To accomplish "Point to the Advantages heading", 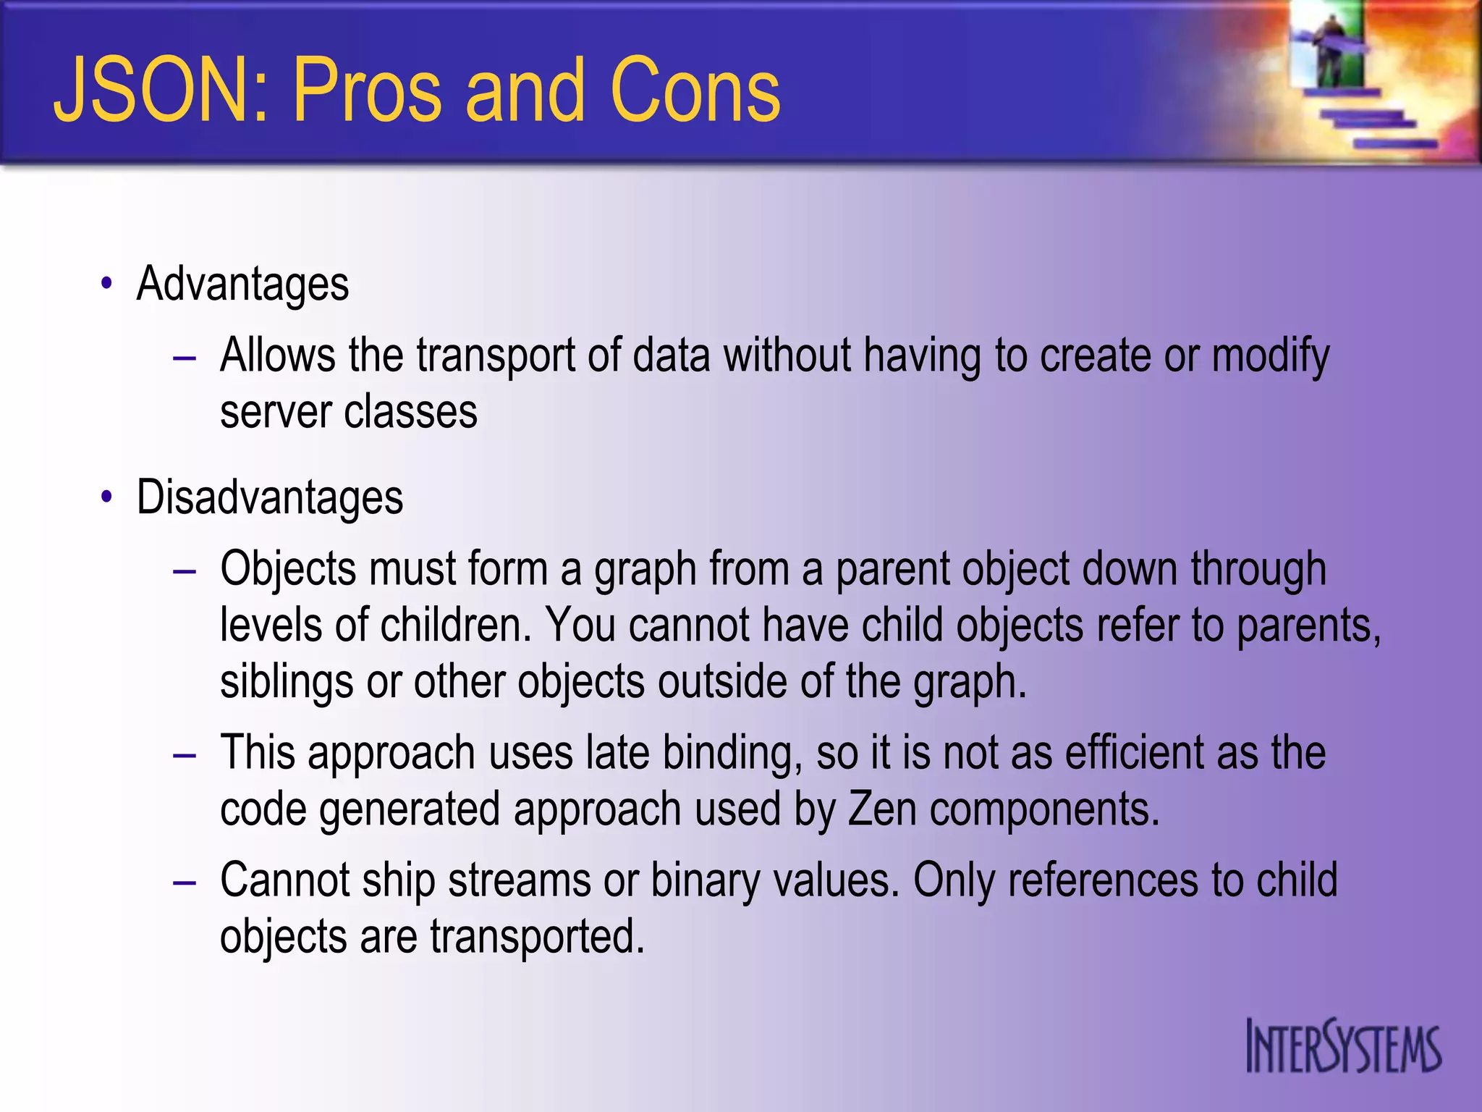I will [x=242, y=284].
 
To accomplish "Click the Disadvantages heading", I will [x=269, y=498].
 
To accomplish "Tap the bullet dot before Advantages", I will [x=107, y=284].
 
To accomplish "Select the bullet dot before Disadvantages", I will [x=107, y=498].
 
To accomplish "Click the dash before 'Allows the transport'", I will [x=185, y=358].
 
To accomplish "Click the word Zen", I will [x=881, y=809].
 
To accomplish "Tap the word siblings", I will [x=286, y=682].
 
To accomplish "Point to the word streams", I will [x=519, y=881].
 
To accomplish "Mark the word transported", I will [x=537, y=937].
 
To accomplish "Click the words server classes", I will [x=349, y=413].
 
